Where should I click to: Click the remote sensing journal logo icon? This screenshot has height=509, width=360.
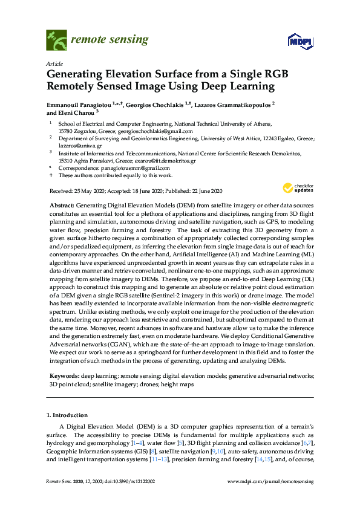[x=57, y=40]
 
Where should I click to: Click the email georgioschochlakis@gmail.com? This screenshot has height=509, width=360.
[x=155, y=131]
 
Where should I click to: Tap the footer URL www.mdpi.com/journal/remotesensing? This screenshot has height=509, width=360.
[x=270, y=481]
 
